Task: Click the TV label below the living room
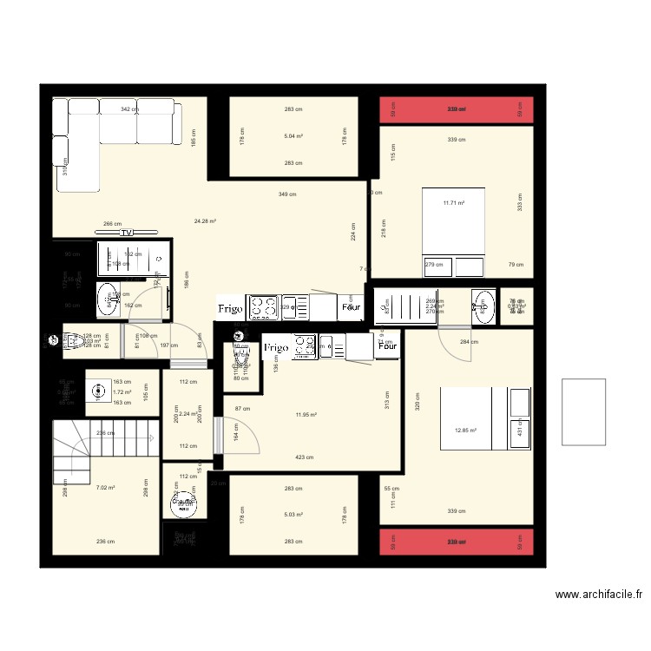(127, 233)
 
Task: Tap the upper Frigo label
(231, 307)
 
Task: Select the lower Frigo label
(276, 347)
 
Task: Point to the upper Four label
(351, 307)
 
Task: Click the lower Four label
(386, 345)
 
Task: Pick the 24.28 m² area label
(205, 221)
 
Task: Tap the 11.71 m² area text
(454, 203)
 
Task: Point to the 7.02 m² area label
(105, 488)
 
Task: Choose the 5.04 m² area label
(293, 136)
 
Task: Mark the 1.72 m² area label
(122, 392)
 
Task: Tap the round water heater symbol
(184, 503)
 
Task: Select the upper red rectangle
(457, 109)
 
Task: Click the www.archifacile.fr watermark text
(599, 595)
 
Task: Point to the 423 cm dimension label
(304, 457)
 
